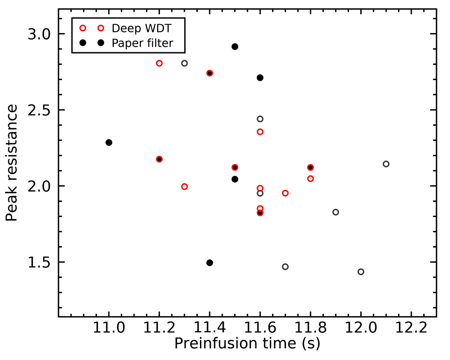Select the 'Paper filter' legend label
pyautogui.click(x=142, y=43)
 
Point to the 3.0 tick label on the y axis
pyautogui.click(x=39, y=34)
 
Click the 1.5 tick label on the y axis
pyautogui.click(x=39, y=262)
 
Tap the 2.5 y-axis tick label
pyautogui.click(x=39, y=110)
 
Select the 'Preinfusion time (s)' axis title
pyautogui.click(x=247, y=344)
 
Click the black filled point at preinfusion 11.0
pyautogui.click(x=109, y=142)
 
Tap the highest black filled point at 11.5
pyautogui.click(x=235, y=47)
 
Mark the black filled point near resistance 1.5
pyautogui.click(x=210, y=263)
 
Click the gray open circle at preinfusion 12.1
pyautogui.click(x=386, y=164)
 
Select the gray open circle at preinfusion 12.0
pyautogui.click(x=361, y=272)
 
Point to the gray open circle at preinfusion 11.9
pyautogui.click(x=336, y=212)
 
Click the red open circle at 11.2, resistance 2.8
pyautogui.click(x=159, y=63)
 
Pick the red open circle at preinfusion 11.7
pyautogui.click(x=285, y=193)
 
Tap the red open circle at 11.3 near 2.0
pyautogui.click(x=185, y=186)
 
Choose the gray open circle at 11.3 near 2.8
pyautogui.click(x=185, y=63)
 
